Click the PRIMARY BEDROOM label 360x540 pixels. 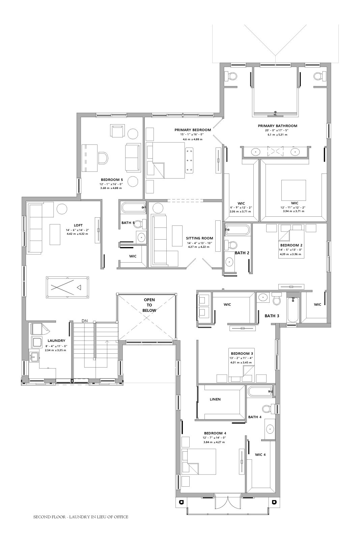pos(193,130)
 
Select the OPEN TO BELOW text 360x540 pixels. pos(149,305)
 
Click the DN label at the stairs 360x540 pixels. pos(85,321)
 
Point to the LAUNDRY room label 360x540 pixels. pos(56,341)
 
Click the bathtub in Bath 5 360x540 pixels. pos(133,208)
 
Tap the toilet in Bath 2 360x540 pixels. pos(230,245)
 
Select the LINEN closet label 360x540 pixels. pos(215,399)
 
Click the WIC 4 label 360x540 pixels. pos(260,455)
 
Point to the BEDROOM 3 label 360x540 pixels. pos(241,354)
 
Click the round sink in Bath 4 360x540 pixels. pos(270,429)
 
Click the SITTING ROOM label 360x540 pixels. pos(199,238)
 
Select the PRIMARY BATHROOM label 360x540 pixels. pos(277,126)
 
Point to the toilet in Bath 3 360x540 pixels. pos(276,299)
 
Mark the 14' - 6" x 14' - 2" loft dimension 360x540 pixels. pos(77,230)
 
